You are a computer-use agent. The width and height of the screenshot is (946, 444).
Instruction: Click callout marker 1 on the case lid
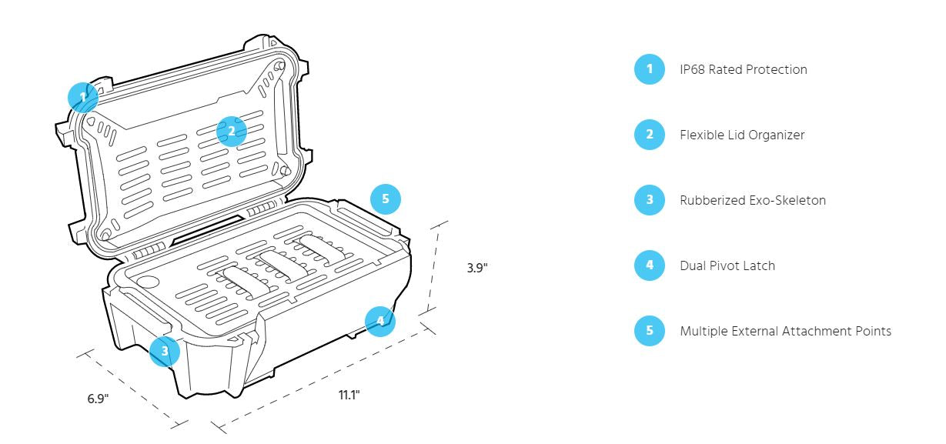tap(82, 98)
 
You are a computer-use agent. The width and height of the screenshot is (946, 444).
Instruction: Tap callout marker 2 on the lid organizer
tap(231, 131)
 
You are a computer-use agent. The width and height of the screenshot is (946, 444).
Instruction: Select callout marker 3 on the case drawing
tap(164, 351)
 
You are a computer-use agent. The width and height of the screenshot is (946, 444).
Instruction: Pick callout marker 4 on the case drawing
tap(379, 320)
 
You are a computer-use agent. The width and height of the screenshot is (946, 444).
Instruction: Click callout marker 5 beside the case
tap(386, 199)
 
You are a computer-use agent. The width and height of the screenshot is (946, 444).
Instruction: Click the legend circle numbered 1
tap(649, 70)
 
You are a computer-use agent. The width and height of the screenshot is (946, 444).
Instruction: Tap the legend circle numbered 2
tap(649, 135)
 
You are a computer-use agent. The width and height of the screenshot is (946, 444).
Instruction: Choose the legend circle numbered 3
tap(649, 201)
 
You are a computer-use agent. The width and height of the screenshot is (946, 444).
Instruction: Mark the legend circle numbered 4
tap(649, 266)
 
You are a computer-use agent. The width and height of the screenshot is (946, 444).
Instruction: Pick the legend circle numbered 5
tap(649, 332)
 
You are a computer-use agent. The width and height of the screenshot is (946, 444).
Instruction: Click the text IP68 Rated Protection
tap(743, 70)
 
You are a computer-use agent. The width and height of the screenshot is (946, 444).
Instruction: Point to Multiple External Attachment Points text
tap(785, 332)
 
